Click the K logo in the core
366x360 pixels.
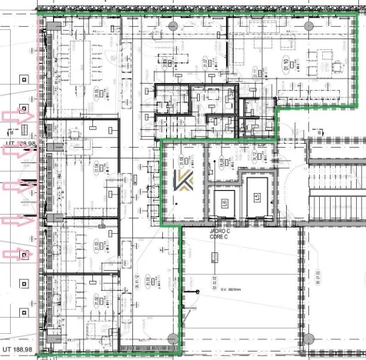coord(183,182)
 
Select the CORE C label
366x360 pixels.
coord(219,238)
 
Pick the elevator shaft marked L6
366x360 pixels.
coord(225,202)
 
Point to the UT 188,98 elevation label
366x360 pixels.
coord(22,351)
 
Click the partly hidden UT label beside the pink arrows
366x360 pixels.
coord(21,143)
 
